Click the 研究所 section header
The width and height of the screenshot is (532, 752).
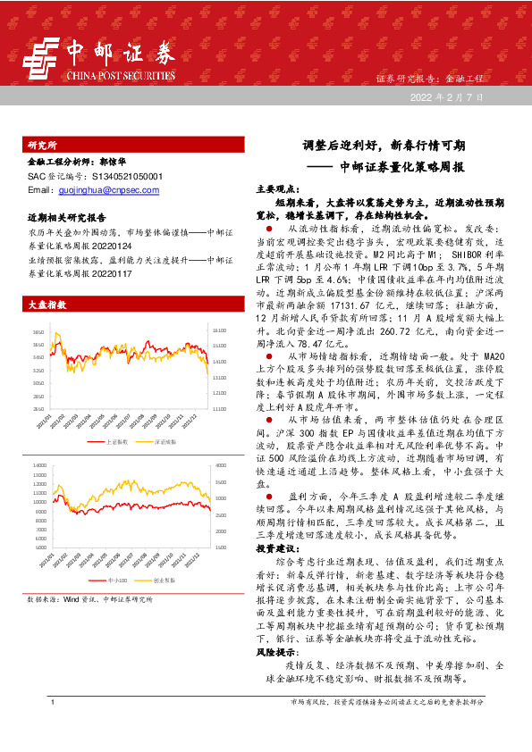coord(42,145)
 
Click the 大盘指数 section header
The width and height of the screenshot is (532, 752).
coord(48,305)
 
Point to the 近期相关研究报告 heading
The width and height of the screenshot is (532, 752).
coord(67,217)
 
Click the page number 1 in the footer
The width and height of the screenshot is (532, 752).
coord(54,728)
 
